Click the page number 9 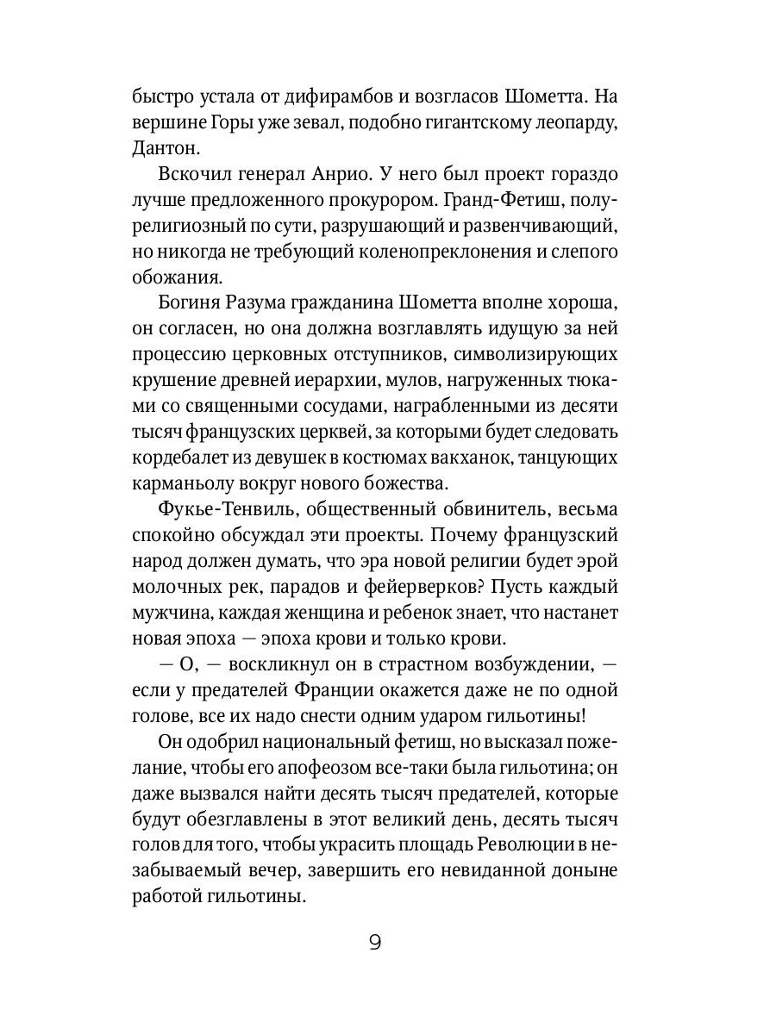click(x=375, y=942)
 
